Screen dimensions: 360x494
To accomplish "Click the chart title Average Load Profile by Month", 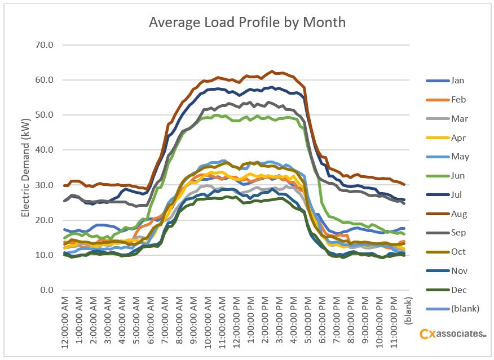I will coord(247,23).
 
